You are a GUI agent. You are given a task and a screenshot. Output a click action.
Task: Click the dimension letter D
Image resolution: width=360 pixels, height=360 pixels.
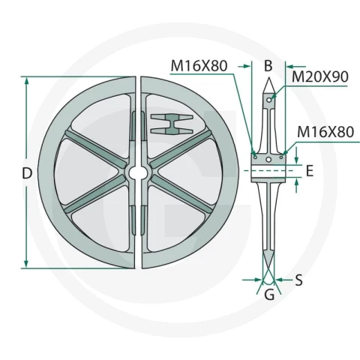(x=27, y=173)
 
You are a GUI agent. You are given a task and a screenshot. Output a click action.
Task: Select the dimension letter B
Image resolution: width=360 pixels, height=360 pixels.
(x=268, y=66)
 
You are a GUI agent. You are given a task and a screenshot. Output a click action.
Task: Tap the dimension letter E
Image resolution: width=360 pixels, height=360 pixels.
(x=310, y=171)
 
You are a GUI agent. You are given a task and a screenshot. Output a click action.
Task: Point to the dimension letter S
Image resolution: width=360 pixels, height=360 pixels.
(x=298, y=280)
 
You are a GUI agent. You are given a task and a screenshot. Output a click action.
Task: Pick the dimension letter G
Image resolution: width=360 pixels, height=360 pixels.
(x=269, y=295)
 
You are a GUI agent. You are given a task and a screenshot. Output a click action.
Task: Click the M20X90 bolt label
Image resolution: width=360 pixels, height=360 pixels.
(x=320, y=76)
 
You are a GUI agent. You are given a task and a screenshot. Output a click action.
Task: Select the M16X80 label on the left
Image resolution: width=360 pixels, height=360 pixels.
(x=199, y=66)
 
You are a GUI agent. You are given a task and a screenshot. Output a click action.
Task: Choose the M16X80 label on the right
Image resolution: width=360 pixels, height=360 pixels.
(x=325, y=132)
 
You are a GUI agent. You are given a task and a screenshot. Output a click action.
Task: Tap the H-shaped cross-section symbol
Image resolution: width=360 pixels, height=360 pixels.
(x=172, y=124)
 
